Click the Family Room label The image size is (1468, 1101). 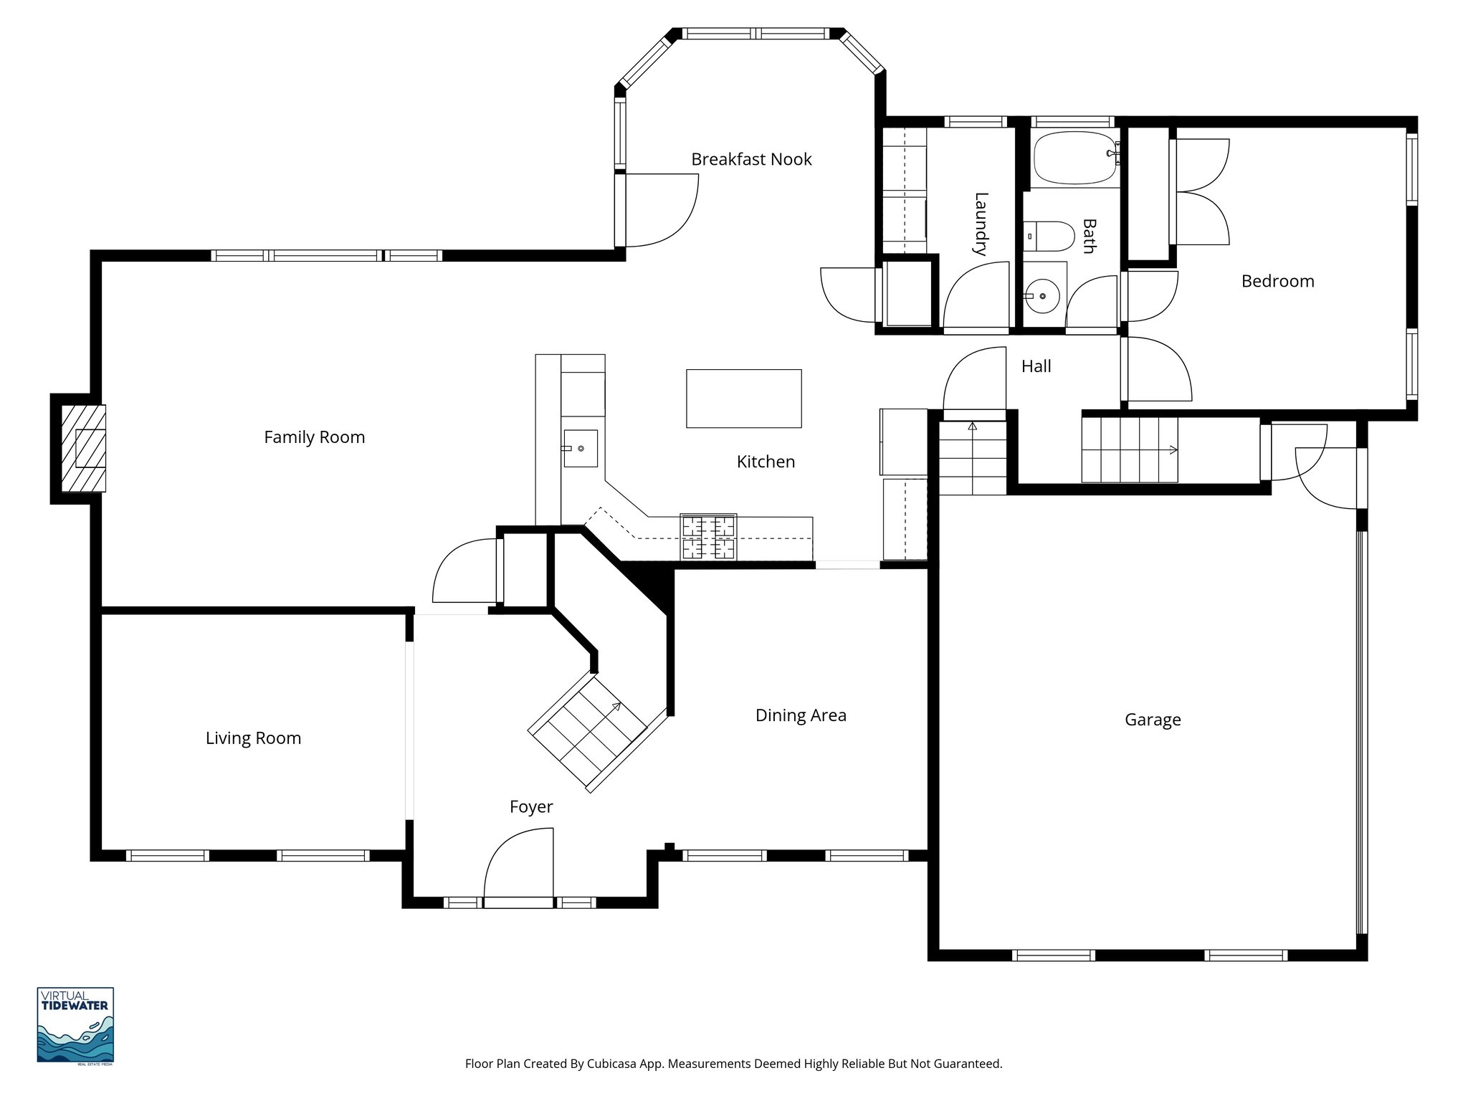[x=314, y=437]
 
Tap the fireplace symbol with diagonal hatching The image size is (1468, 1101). [x=83, y=448]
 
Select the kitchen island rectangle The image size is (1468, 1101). [x=743, y=399]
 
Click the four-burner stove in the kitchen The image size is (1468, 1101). [x=708, y=537]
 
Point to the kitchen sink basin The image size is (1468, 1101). [x=580, y=449]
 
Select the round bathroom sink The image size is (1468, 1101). [x=1042, y=295]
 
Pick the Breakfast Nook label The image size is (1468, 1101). [x=751, y=159]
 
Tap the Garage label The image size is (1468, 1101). [x=1152, y=720]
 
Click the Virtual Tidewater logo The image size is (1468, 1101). [x=75, y=1026]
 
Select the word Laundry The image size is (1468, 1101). [x=981, y=224]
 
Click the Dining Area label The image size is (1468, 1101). [x=801, y=715]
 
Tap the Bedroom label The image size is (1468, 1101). [x=1277, y=281]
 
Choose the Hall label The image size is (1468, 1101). [x=1036, y=366]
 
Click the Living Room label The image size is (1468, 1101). [x=253, y=738]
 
